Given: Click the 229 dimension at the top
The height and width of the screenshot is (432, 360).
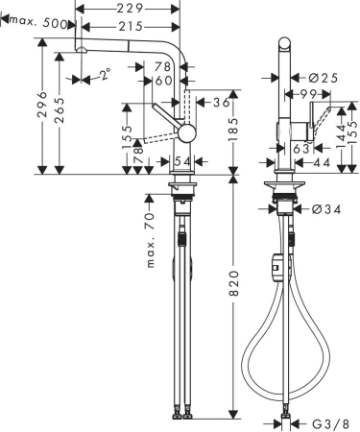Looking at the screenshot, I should click(129, 8).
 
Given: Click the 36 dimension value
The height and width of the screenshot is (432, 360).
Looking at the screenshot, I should click(221, 102).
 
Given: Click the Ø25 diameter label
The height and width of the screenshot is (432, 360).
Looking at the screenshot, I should click(322, 76).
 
